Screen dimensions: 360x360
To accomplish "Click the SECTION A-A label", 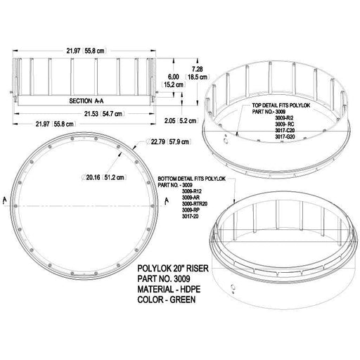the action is coord(86,101).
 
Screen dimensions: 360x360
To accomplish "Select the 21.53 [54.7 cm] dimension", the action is coord(104,114).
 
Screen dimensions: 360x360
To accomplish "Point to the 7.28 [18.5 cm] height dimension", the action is coord(198,73).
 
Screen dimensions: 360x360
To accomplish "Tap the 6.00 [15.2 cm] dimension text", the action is coord(174,81).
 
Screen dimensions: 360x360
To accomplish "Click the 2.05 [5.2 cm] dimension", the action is coord(181,121).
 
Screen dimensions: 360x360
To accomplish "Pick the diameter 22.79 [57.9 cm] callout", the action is coord(169,141).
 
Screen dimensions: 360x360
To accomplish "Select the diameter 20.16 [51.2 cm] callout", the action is coord(104,177).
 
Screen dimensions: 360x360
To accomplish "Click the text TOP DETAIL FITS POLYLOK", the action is coord(281,105).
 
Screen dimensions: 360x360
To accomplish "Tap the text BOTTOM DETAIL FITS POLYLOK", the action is coord(192,179).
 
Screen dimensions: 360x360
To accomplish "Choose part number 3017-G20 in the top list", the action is coord(285,136).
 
